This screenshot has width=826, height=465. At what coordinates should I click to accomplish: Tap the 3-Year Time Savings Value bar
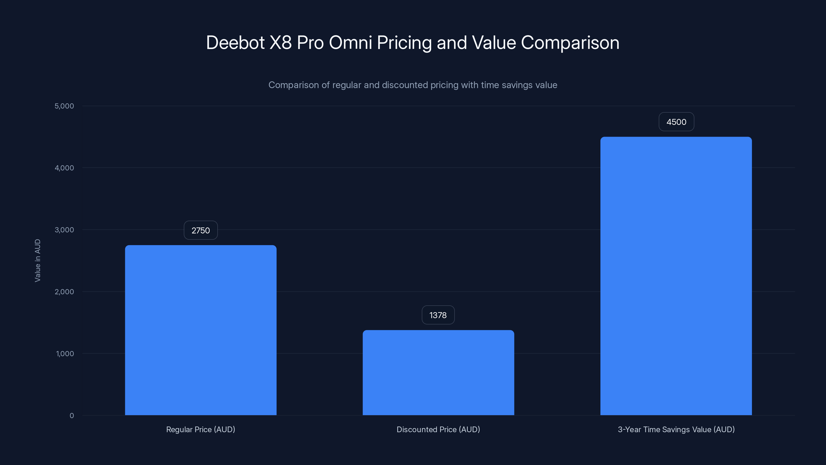(676, 276)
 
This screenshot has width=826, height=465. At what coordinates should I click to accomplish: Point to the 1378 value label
(438, 315)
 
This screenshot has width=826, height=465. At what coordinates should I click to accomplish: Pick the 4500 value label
(676, 122)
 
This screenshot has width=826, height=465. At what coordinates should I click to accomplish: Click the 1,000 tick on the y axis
(65, 354)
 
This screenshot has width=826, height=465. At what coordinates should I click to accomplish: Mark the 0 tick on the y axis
(72, 416)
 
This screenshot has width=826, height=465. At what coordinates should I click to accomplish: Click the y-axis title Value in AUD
(37, 261)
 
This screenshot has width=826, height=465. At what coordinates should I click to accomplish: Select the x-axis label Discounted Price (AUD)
(438, 429)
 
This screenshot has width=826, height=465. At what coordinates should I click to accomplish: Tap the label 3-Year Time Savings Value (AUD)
(676, 429)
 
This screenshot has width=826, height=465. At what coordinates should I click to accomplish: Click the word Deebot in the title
(235, 43)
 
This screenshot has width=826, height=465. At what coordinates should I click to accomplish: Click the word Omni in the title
(350, 43)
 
